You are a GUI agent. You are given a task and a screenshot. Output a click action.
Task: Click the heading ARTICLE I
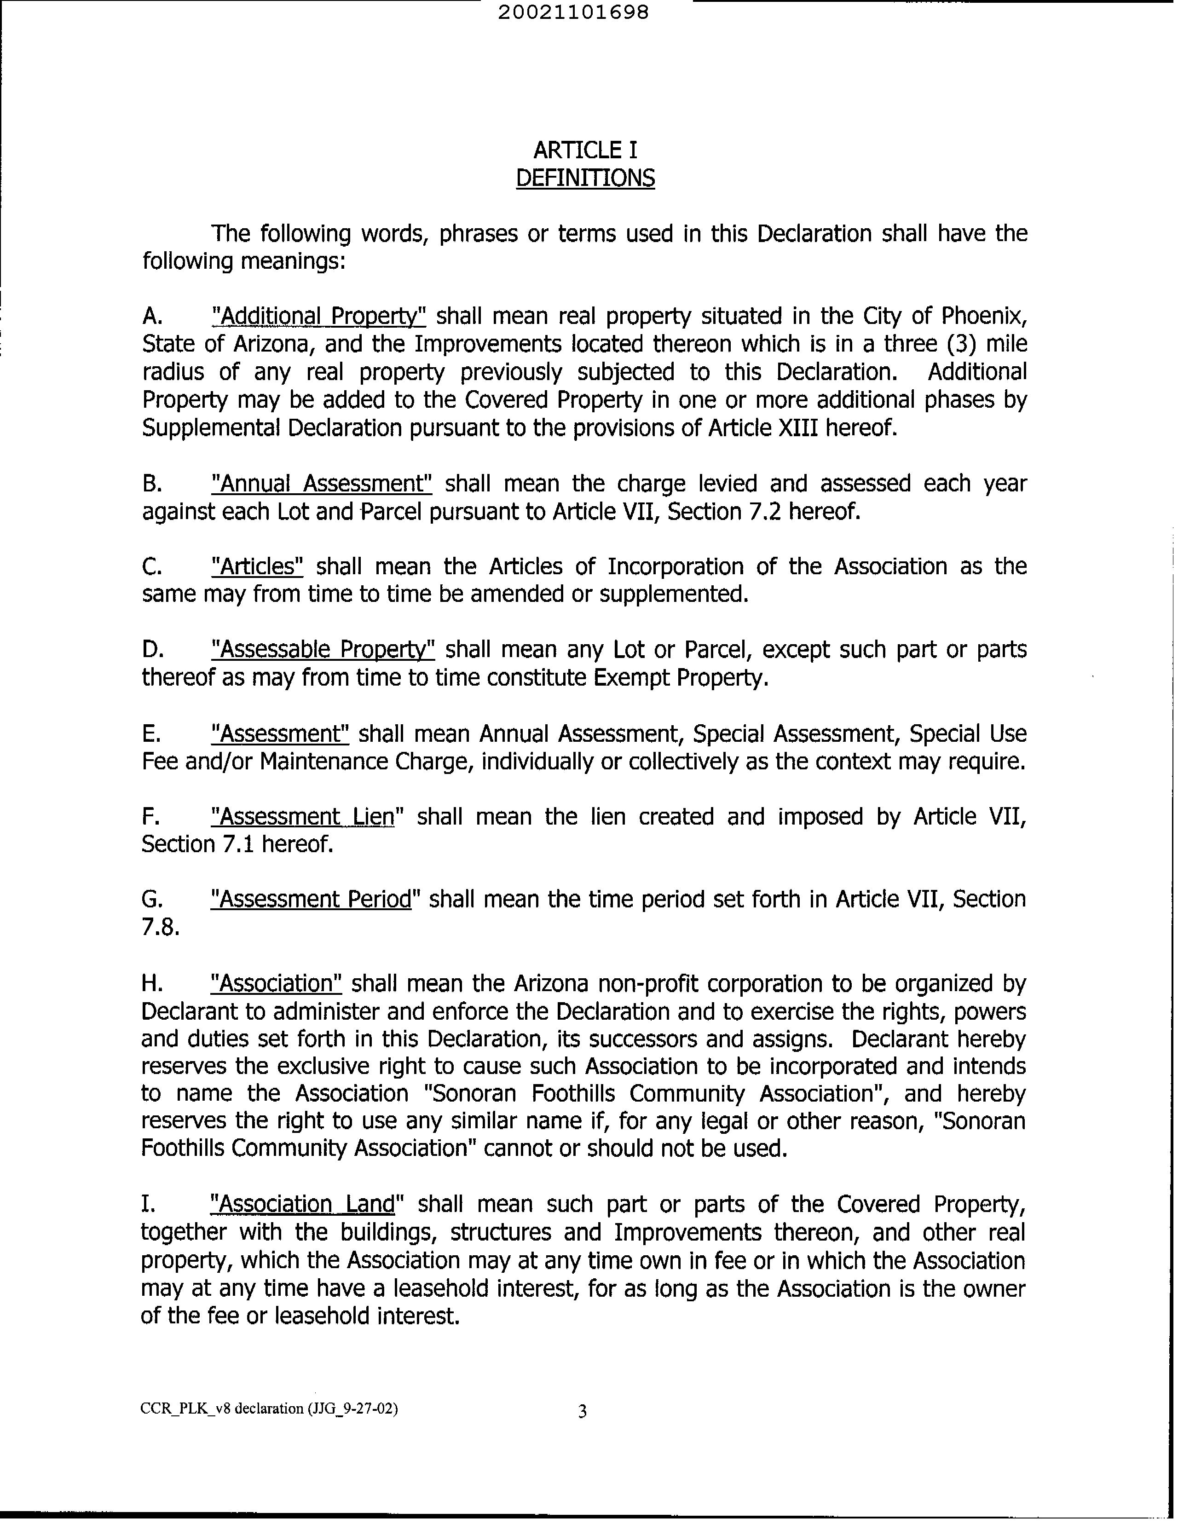(x=585, y=150)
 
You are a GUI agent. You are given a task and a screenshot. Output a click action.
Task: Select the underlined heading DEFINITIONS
(x=585, y=179)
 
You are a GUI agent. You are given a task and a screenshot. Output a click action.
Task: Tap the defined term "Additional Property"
(x=318, y=316)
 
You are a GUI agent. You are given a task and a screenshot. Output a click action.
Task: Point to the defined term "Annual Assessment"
(x=322, y=484)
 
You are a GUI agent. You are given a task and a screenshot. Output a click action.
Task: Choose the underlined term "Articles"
(x=257, y=566)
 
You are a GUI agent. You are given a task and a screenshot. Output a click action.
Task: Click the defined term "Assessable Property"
(x=323, y=650)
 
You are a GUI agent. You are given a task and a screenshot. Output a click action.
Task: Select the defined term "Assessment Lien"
(x=303, y=816)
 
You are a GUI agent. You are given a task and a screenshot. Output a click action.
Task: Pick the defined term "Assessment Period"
(x=311, y=900)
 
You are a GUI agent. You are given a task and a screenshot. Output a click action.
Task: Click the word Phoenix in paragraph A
(x=984, y=316)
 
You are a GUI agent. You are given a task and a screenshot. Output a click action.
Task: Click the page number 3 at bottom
(x=583, y=1412)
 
